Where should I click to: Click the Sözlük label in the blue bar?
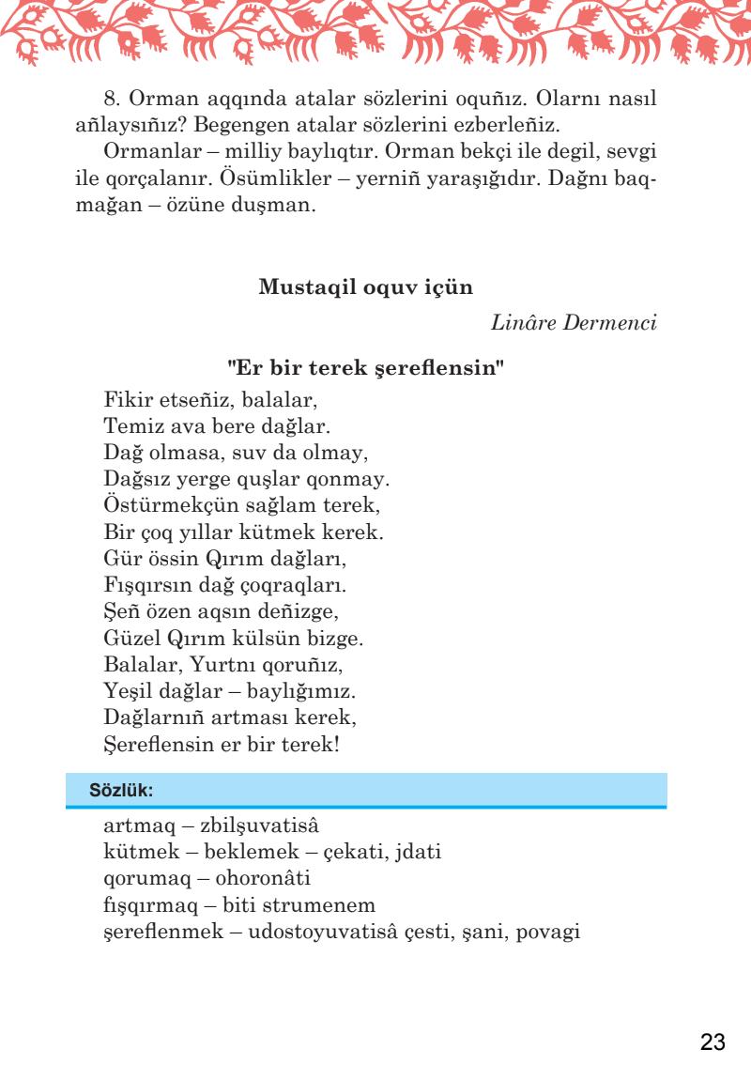point(120,791)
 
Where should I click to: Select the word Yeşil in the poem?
point(127,692)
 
